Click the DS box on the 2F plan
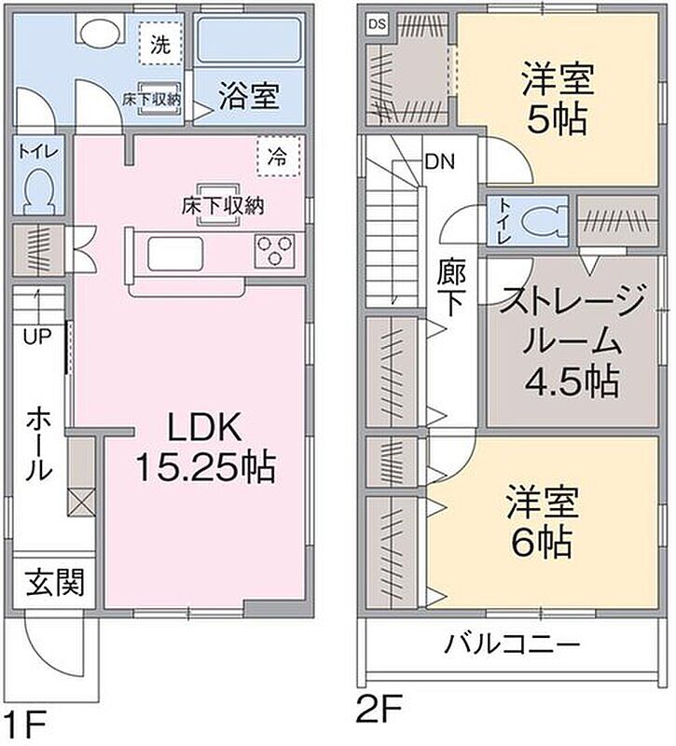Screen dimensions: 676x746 pyautogui.click(x=378, y=24)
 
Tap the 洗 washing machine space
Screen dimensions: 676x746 pyautogui.click(x=160, y=44)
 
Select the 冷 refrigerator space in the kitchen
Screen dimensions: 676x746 pyautogui.click(x=279, y=157)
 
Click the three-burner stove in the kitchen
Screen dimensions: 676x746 pyautogui.click(x=274, y=250)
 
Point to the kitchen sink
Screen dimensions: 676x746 pyautogui.click(x=175, y=254)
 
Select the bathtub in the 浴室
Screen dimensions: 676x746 pyautogui.click(x=249, y=40)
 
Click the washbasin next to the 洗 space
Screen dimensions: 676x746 pyautogui.click(x=101, y=32)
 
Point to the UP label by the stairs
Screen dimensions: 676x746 pyautogui.click(x=37, y=337)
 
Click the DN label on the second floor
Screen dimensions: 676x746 pyautogui.click(x=439, y=162)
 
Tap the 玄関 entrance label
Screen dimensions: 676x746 pyautogui.click(x=55, y=582)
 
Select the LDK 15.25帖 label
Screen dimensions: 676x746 pyautogui.click(x=205, y=447)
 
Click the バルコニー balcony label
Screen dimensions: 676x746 pyautogui.click(x=512, y=644)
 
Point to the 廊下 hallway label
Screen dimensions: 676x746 pyautogui.click(x=451, y=287)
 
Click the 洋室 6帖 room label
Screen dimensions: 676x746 pyautogui.click(x=543, y=521)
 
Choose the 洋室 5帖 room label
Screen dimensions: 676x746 pyautogui.click(x=558, y=100)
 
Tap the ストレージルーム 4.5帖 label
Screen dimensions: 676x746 pyautogui.click(x=573, y=341)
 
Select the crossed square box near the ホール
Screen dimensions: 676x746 pyautogui.click(x=81, y=503)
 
